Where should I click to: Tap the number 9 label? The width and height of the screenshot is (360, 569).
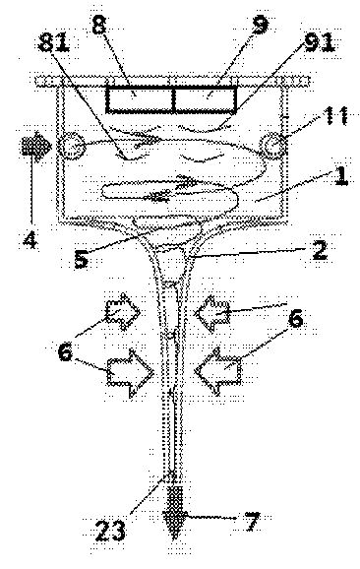point(260,25)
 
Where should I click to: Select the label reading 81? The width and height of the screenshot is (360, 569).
point(54,43)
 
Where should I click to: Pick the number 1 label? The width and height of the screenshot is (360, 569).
point(340,176)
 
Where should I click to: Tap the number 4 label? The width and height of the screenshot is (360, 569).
point(30,239)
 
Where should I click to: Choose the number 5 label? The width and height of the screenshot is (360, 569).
point(81,259)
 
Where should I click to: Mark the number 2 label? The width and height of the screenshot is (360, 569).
point(320,250)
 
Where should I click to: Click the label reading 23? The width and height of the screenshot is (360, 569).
point(110,531)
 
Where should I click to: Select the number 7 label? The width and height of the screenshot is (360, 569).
point(253,522)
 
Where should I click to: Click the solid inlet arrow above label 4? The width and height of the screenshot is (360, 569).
point(36,146)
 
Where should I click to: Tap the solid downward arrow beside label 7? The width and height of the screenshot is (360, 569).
point(175,512)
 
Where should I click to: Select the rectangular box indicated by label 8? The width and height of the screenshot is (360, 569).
point(141,99)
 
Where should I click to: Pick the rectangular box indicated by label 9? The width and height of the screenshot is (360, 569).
point(206,99)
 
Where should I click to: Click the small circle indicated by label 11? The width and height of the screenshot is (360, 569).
point(273,146)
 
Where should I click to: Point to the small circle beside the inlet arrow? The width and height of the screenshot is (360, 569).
point(72,146)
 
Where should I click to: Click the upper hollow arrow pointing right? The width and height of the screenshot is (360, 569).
point(123,312)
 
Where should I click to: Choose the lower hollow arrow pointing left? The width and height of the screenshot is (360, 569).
point(218,371)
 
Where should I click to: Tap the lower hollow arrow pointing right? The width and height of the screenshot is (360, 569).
point(131,373)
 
